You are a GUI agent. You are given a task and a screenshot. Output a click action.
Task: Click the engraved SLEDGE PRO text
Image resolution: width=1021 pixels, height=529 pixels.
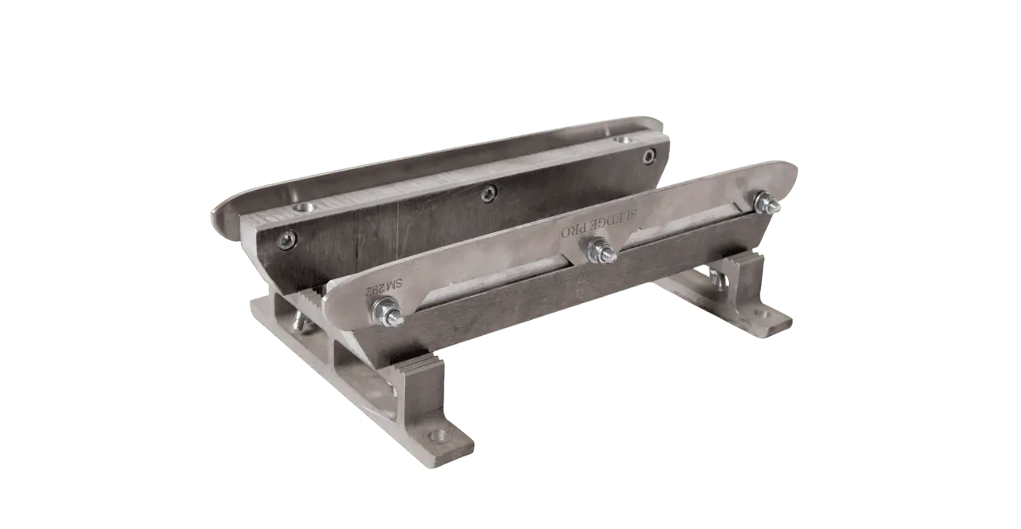click(599, 223)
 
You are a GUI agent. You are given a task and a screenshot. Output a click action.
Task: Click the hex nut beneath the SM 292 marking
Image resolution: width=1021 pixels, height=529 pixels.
click(387, 313)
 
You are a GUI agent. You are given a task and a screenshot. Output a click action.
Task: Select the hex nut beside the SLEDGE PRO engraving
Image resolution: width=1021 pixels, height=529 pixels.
click(601, 251)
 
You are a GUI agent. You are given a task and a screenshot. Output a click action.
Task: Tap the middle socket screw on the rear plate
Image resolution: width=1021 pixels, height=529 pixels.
click(489, 193)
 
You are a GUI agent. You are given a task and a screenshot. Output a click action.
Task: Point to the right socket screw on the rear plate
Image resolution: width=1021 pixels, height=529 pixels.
click(649, 156)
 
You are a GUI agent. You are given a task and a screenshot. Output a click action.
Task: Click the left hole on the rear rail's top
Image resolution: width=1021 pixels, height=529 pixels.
click(303, 208)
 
